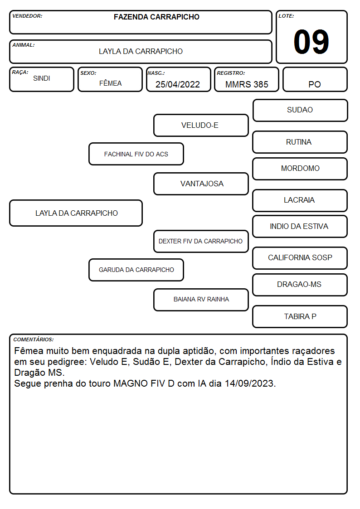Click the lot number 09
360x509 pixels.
click(x=311, y=42)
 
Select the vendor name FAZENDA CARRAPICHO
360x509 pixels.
click(x=156, y=17)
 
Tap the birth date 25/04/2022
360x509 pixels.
click(x=178, y=84)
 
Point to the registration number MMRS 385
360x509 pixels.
click(x=247, y=84)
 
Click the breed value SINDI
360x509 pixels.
click(x=42, y=78)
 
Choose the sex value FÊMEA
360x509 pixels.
click(x=110, y=83)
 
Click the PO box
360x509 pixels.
click(x=315, y=79)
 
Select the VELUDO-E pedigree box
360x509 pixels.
click(x=201, y=125)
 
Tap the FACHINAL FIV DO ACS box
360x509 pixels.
click(x=136, y=154)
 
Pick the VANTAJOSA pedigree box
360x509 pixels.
click(x=201, y=184)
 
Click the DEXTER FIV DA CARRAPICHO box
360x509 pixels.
click(x=201, y=241)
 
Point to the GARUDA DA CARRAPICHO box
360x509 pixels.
click(x=136, y=270)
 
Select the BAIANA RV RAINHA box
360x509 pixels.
click(x=201, y=300)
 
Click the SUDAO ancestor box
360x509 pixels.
click(x=300, y=111)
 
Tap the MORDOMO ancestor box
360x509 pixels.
click(x=300, y=169)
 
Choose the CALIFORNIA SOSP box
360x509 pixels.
click(x=300, y=258)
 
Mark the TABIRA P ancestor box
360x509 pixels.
click(x=300, y=316)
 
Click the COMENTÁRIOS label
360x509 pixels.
click(x=34, y=339)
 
